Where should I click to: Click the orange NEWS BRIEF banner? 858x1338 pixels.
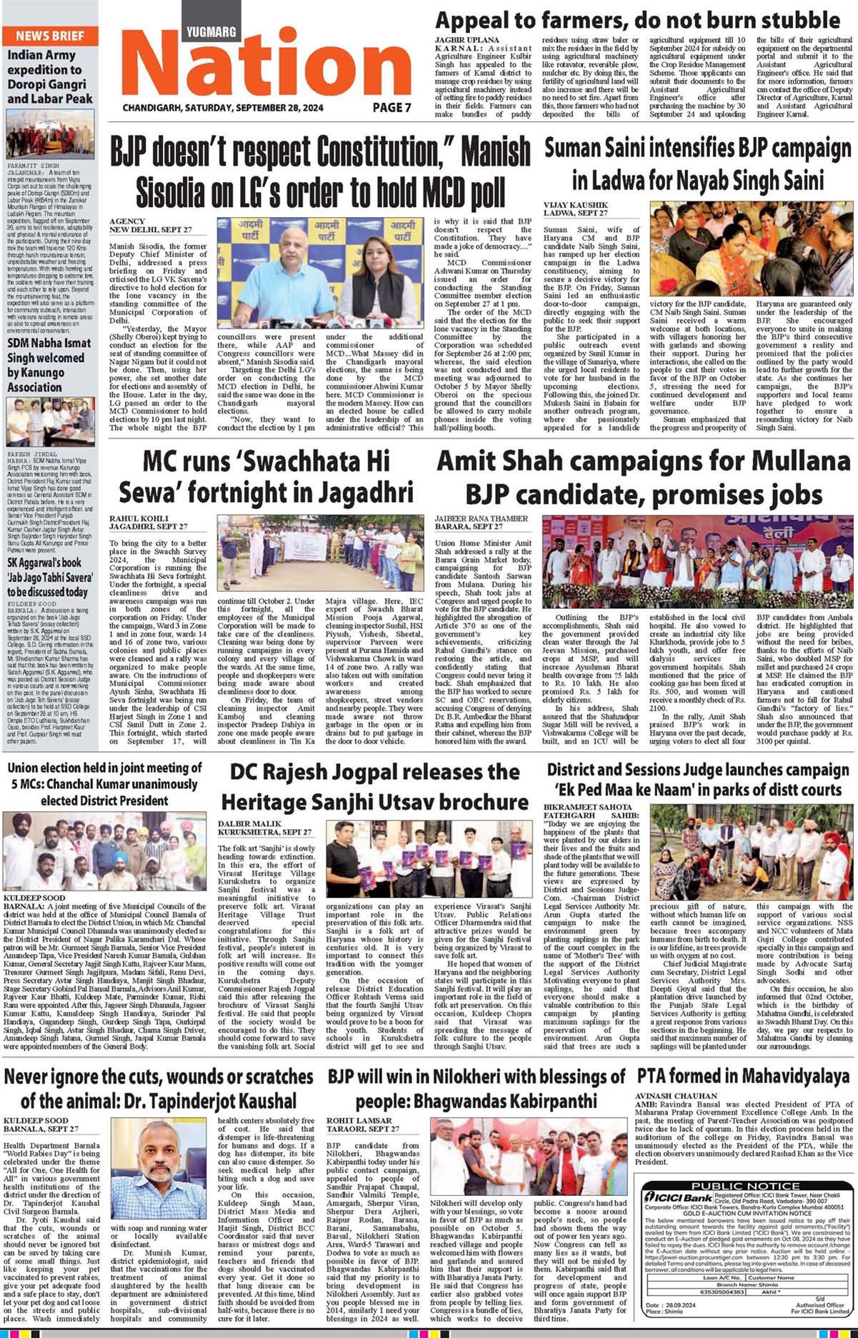49,35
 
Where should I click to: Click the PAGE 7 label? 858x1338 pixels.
392,108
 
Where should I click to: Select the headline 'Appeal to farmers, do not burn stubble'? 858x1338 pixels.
637,19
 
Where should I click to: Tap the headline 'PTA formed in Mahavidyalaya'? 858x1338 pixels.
743,1075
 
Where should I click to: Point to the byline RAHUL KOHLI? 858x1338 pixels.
139,518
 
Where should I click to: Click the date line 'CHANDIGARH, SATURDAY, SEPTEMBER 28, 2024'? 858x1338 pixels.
223,108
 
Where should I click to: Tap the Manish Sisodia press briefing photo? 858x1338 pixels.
321,273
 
